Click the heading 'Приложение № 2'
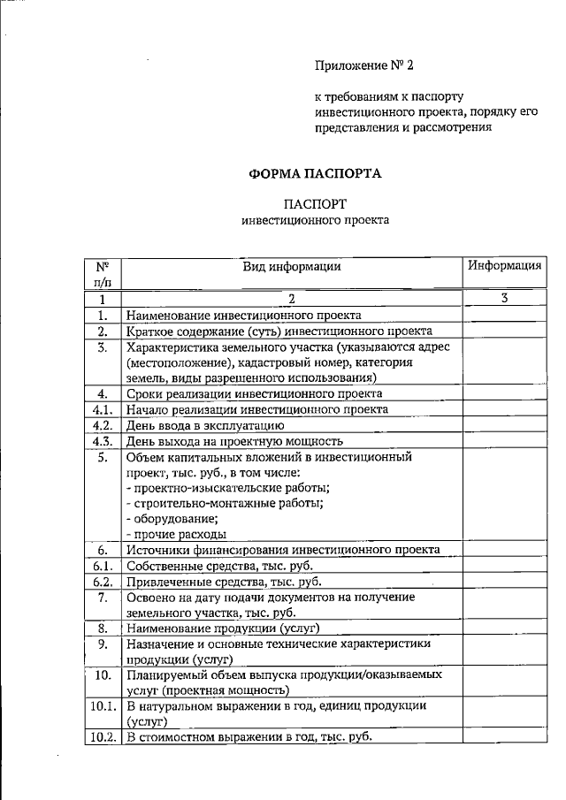pyautogui.click(x=364, y=65)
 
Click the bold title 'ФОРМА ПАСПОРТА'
pyautogui.click(x=315, y=173)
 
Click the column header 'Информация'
pyautogui.click(x=504, y=265)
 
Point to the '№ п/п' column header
pyautogui.click(x=103, y=273)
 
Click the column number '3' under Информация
pyautogui.click(x=504, y=298)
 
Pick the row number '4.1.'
pyautogui.click(x=103, y=409)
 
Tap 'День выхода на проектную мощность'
pyautogui.click(x=234, y=441)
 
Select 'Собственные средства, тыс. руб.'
pyautogui.click(x=219, y=566)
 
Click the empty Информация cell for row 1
pyautogui.click(x=504, y=315)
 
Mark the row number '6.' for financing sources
pyautogui.click(x=103, y=550)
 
